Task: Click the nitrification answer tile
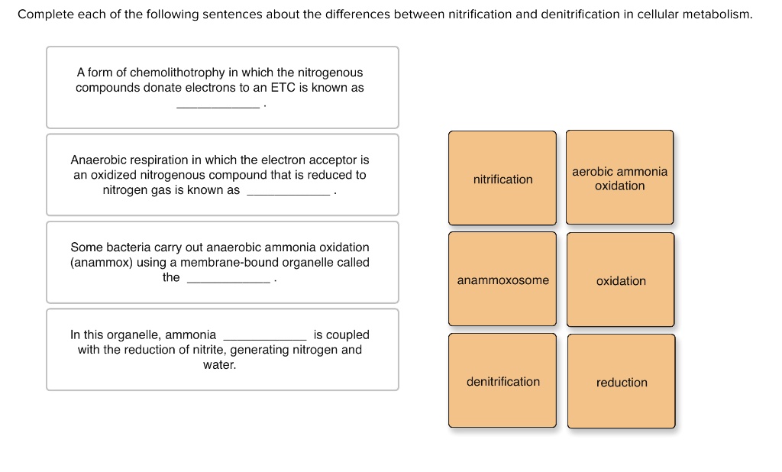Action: (x=502, y=178)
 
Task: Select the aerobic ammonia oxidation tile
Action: (x=619, y=178)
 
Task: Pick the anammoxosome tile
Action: (x=502, y=279)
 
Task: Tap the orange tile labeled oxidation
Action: (x=620, y=280)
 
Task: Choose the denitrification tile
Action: (x=502, y=380)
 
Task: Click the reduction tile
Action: (x=622, y=381)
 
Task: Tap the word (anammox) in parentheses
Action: (x=102, y=263)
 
